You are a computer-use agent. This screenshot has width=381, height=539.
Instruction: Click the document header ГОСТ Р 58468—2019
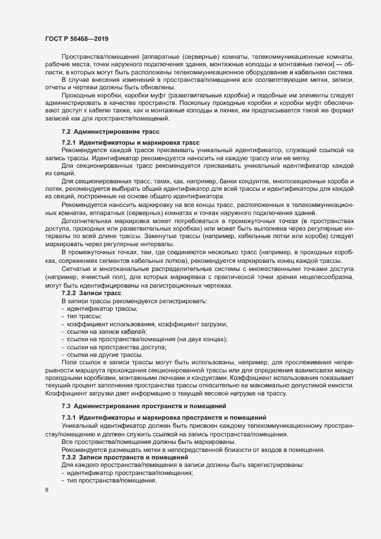(x=76, y=39)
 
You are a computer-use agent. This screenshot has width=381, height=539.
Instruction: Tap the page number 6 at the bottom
(x=47, y=490)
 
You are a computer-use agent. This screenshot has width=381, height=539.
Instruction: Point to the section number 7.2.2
(x=69, y=293)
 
